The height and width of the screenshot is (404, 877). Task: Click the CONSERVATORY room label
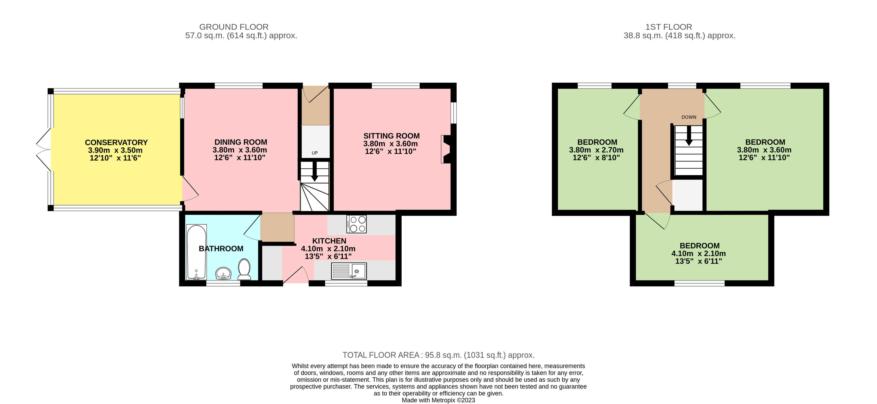116,142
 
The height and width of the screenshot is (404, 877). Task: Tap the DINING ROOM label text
241,142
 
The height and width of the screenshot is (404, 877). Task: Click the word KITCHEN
329,241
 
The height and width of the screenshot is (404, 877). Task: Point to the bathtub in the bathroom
197,251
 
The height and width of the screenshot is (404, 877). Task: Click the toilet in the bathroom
244,269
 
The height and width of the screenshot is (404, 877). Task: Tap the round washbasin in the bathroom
223,273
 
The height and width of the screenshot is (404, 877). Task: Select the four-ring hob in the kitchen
356,224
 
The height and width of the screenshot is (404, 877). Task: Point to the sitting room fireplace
446,149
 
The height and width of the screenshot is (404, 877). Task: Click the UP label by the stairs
315,153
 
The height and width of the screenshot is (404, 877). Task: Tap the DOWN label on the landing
689,117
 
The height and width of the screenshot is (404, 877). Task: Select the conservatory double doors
44,150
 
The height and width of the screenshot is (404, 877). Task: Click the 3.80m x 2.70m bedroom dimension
596,150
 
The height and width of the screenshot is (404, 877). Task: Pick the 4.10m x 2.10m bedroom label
699,246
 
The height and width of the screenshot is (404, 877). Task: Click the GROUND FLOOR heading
234,27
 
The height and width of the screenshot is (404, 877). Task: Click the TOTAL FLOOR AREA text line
438,355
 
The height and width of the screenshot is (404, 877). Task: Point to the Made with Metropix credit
438,400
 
